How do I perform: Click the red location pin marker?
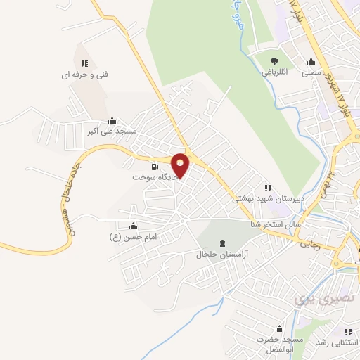181,165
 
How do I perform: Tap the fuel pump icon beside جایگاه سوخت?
155,167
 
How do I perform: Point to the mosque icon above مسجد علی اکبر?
112,121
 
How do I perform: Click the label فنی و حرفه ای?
86,73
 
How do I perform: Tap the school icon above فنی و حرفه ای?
85,63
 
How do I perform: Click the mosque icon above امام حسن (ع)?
133,225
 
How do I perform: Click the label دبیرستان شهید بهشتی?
266,199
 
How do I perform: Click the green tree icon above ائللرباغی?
274,61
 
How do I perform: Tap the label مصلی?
311,72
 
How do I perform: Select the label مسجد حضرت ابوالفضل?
279,345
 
